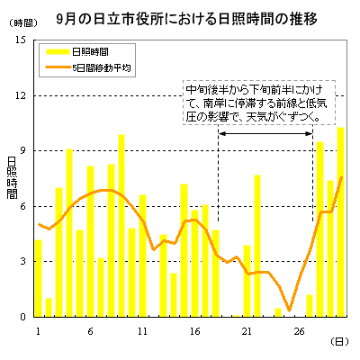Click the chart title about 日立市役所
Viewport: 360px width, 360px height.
(x=186, y=20)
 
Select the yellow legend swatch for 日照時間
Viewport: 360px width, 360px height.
(x=58, y=52)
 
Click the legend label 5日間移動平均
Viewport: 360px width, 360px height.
(x=102, y=67)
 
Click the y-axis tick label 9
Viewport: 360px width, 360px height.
(x=23, y=151)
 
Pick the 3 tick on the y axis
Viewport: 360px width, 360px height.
(x=23, y=262)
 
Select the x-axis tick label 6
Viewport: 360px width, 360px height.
(x=90, y=331)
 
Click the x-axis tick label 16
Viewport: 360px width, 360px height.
(x=194, y=331)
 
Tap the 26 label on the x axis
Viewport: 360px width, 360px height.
(x=299, y=331)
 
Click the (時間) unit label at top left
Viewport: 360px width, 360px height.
(x=22, y=23)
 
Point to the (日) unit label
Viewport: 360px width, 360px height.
(x=339, y=342)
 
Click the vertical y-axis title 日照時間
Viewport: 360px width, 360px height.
(x=13, y=177)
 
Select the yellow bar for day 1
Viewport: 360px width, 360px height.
(x=38, y=278)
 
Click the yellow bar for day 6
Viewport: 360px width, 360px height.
(x=90, y=241)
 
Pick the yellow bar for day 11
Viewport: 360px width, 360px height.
(x=142, y=256)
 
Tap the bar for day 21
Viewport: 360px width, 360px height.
(x=247, y=281)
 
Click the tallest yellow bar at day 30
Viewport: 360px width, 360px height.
(x=340, y=222)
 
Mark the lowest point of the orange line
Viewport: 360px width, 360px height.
(x=289, y=310)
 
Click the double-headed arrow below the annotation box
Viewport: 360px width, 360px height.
(x=265, y=133)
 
